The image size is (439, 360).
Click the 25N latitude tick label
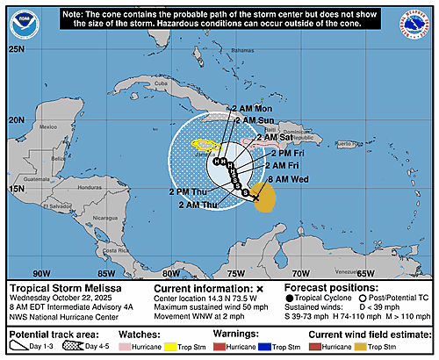[x=16, y=49]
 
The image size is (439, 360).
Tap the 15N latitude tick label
[x=16, y=189]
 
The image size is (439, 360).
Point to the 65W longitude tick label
[x=364, y=272]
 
